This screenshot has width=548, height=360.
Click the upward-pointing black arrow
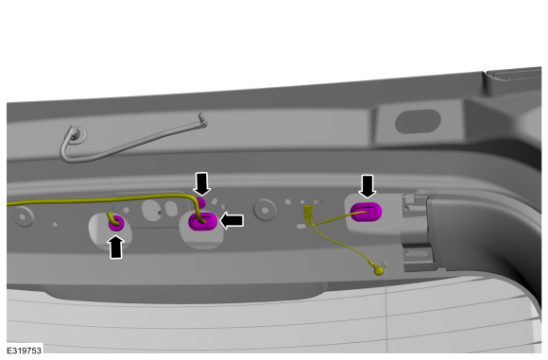point(116,247)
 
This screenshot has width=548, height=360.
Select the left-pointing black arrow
point(231,220)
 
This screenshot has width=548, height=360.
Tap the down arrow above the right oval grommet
point(368,186)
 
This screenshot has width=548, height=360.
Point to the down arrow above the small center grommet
point(202,183)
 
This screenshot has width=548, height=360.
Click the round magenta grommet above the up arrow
point(116,223)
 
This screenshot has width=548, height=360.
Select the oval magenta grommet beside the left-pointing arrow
point(203,222)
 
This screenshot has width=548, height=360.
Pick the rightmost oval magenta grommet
point(367,212)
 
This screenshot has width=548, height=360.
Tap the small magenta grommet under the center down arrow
point(200,201)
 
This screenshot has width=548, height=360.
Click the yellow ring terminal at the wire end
point(379,270)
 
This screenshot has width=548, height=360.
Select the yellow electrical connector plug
point(308,214)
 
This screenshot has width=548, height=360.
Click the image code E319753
point(25,351)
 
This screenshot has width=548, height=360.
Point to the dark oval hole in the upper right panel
point(418,121)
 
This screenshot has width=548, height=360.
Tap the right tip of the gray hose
point(203,119)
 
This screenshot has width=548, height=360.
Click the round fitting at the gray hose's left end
point(77,134)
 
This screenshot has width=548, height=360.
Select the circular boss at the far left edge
point(23,216)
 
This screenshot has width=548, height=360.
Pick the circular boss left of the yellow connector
point(265,210)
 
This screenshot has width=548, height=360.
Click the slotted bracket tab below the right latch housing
point(419,254)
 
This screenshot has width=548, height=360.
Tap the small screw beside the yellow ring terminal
point(384,264)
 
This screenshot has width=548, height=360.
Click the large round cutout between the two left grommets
point(152,210)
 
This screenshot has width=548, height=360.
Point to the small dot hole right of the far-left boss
point(55,224)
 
